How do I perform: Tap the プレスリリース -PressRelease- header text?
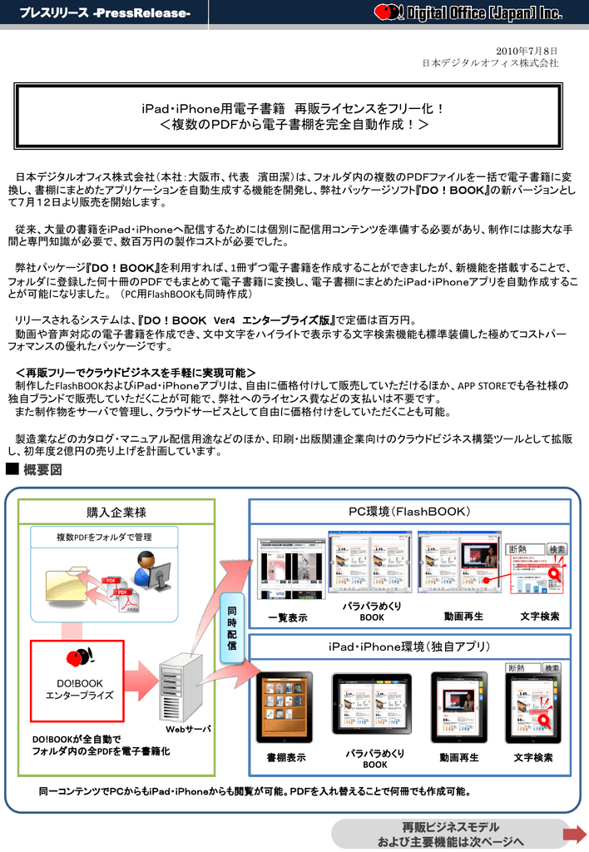tap(105, 13)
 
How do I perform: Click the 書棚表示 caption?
tap(286, 758)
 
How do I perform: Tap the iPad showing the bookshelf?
tap(285, 708)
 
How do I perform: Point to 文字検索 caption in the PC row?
tap(539, 617)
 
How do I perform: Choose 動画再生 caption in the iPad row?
tap(458, 758)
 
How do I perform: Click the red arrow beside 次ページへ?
tap(574, 835)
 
